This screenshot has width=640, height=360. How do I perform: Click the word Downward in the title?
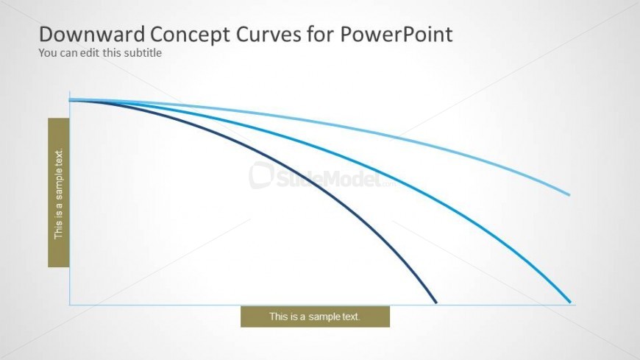pyautogui.click(x=92, y=34)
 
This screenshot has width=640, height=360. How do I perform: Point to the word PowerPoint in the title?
pyautogui.click(x=397, y=34)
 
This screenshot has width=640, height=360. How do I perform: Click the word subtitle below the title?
pyautogui.click(x=142, y=53)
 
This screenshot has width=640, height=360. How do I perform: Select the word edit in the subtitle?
pyautogui.click(x=90, y=53)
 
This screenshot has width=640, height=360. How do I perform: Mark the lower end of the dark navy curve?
pyautogui.click(x=436, y=303)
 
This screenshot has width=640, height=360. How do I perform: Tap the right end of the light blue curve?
pyautogui.click(x=569, y=195)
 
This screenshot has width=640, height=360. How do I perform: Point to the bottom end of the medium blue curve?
pyautogui.click(x=570, y=302)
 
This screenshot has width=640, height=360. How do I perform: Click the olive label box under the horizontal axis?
pyautogui.click(x=315, y=317)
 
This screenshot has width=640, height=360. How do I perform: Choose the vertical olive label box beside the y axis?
pyautogui.click(x=59, y=192)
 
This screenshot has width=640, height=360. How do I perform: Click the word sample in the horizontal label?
pyautogui.click(x=324, y=317)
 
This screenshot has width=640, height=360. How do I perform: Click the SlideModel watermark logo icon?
pyautogui.click(x=261, y=175)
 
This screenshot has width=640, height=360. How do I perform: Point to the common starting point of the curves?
pyautogui.click(x=70, y=99)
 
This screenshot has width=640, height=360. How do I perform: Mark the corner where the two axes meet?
pyautogui.click(x=70, y=305)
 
